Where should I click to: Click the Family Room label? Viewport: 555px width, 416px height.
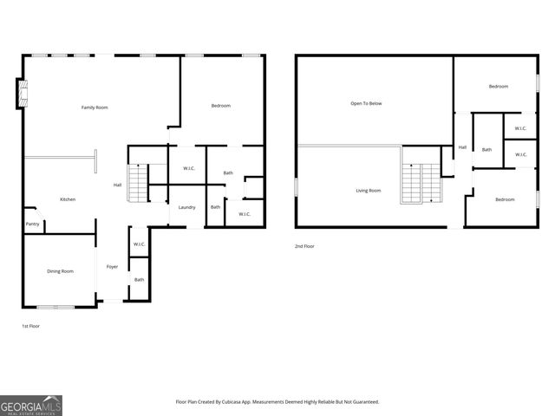95,107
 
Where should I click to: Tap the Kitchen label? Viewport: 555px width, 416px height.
68,199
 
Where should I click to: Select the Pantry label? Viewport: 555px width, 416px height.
32,224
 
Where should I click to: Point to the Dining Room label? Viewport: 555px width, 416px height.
60,271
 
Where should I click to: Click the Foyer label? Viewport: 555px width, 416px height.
112,266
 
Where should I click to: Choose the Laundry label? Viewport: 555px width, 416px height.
186,207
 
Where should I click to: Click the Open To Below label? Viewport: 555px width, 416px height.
366,103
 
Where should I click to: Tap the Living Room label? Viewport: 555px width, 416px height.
368,190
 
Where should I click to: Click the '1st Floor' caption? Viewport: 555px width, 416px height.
30,326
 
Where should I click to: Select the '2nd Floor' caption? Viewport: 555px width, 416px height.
304,246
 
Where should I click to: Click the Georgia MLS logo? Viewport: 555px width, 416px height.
31,405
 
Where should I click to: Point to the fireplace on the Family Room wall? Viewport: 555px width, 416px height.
20,94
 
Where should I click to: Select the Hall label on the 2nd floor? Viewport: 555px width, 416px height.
462,147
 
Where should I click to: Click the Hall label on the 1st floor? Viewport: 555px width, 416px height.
117,185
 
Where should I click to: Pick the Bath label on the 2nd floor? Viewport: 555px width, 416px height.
486,150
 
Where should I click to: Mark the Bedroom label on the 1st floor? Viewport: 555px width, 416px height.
221,106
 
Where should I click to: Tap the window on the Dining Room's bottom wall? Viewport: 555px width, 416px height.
55,307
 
